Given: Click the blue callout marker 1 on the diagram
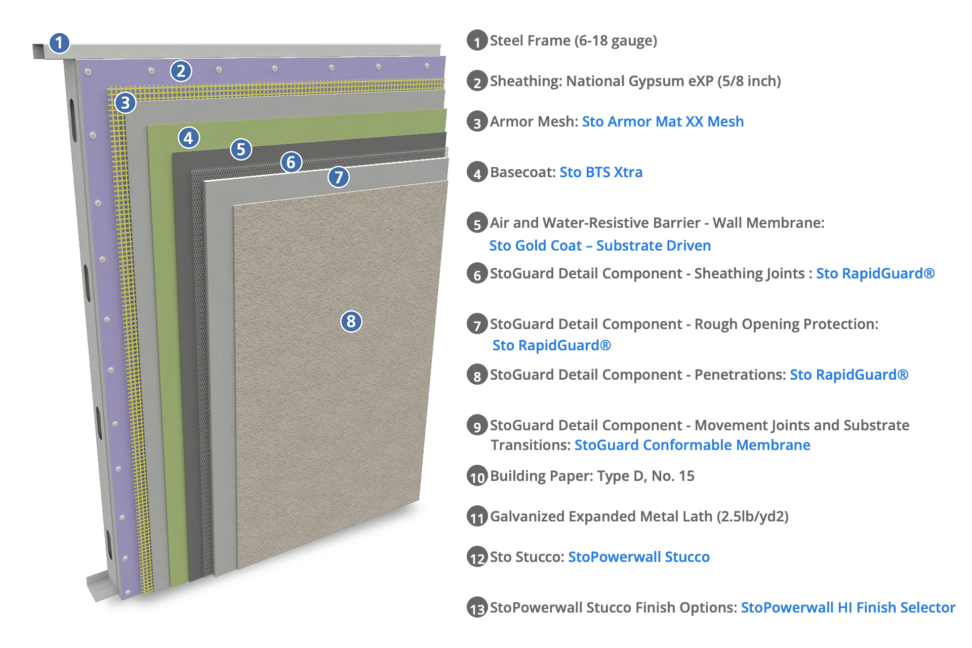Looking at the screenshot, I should click(59, 43).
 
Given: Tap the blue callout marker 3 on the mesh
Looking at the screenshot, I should click(125, 103).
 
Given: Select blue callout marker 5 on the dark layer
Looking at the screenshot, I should click(241, 149).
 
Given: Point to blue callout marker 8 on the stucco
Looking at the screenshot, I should click(351, 321).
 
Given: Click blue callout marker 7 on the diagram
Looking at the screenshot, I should click(339, 177).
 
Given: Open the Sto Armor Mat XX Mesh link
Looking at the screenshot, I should click(662, 121).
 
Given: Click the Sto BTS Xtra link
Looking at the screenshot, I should click(600, 172).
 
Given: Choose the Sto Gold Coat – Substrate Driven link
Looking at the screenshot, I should click(600, 246).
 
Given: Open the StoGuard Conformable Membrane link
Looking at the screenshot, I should click(692, 445).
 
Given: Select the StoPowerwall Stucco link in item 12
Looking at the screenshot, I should click(638, 557).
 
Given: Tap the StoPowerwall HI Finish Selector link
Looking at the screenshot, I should click(848, 607).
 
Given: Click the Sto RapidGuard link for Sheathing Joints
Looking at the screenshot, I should click(875, 273).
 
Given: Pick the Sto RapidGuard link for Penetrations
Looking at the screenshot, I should click(849, 375).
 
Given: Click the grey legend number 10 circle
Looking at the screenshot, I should click(477, 476).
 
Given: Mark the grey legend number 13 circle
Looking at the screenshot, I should click(477, 608).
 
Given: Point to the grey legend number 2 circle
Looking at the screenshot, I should click(477, 82).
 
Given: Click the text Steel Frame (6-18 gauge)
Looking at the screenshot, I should click(573, 40).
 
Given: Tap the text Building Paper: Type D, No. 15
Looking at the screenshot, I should click(592, 476).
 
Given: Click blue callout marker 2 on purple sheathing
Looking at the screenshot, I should click(181, 71).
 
